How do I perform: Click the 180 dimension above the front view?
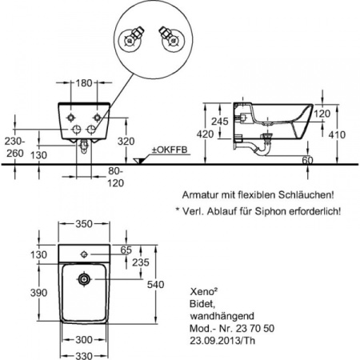pos(84,83)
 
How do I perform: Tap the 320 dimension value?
pos(126,141)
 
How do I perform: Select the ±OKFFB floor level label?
pos(170,150)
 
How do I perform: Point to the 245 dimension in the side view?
pos(220,122)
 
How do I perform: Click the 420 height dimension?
pos(205,134)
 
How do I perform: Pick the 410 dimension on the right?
pos(337,134)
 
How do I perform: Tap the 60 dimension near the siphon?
pos(307,160)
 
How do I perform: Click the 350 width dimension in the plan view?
pos(84,224)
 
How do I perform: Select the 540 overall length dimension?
pos(156,285)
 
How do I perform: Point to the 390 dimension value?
pos(38,293)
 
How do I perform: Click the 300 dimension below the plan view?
pos(84,340)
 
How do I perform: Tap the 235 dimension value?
pos(141,262)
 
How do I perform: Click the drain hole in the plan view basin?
pos(84,279)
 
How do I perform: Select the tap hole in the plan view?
pos(84,254)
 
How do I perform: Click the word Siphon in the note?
pos(270,211)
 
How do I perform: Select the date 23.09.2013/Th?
pos(222,341)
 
